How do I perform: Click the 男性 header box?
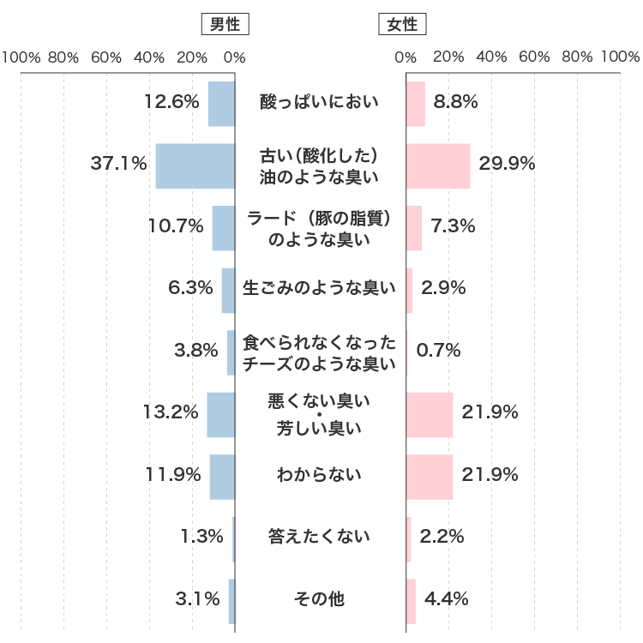coord(225,25)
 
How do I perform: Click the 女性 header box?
coord(403,25)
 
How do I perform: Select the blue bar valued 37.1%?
coord(195,165)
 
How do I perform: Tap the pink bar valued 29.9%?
coord(438,165)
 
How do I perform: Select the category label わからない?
coord(320,475)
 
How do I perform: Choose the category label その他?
coord(320,599)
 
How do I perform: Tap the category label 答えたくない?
coord(320,538)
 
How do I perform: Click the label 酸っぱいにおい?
coord(320,103)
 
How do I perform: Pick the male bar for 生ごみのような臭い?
coord(228,290)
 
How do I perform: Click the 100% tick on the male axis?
coord(21,58)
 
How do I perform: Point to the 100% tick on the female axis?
coord(620,58)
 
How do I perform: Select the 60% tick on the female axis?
coord(534,58)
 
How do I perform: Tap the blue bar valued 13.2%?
coord(220,414)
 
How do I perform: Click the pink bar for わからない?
coord(430,477)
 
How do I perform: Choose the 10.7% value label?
coord(176,226)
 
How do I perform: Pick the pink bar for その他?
coord(411,600)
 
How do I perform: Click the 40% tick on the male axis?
coord(149,58)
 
